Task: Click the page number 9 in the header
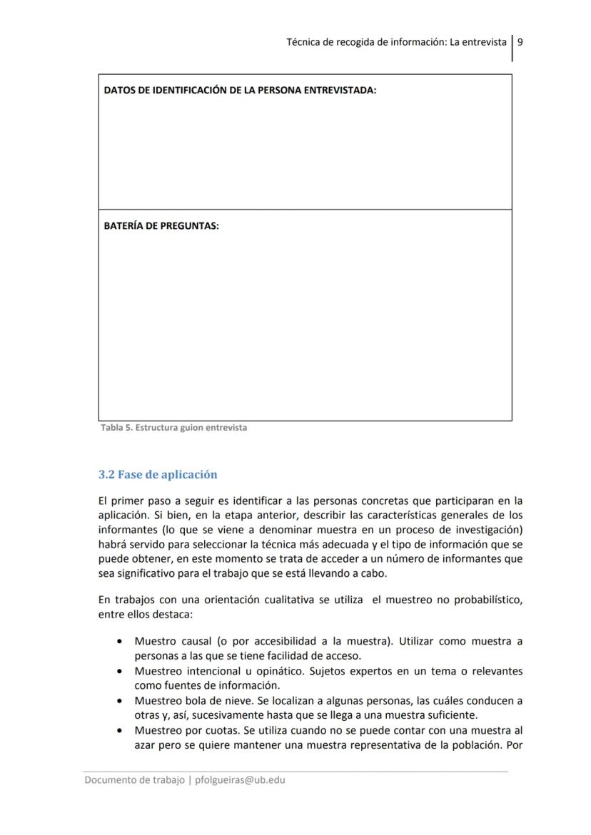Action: click(520, 42)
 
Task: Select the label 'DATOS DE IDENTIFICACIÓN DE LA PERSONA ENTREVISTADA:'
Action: click(240, 91)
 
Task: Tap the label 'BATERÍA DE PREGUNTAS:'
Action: click(161, 225)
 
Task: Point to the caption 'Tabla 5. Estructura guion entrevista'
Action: click(172, 428)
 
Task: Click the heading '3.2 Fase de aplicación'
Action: click(157, 474)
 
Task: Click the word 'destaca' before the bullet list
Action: click(163, 613)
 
